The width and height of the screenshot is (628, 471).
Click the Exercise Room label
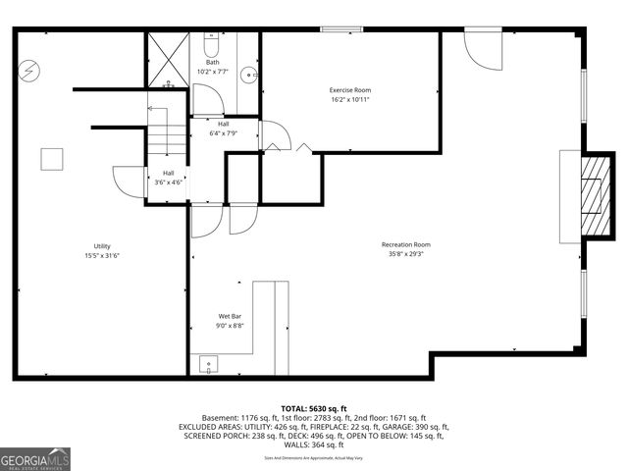[x=350, y=90]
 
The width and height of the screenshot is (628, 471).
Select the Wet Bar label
[x=230, y=316]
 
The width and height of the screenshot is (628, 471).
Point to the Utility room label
[x=102, y=245]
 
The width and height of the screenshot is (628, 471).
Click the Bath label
[x=213, y=63]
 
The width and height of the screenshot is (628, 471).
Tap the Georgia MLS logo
[x=35, y=458]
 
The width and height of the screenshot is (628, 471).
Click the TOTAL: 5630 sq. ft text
[x=314, y=408]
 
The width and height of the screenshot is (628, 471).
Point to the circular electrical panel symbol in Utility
[x=30, y=71]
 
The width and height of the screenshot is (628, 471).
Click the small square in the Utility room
[x=51, y=159]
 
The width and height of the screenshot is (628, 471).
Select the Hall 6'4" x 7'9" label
[x=224, y=129]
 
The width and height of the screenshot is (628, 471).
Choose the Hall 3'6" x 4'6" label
[x=168, y=178]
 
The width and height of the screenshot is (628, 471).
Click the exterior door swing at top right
[x=481, y=49]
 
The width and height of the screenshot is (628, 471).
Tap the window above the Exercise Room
[x=337, y=29]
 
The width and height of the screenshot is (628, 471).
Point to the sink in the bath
[x=251, y=75]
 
